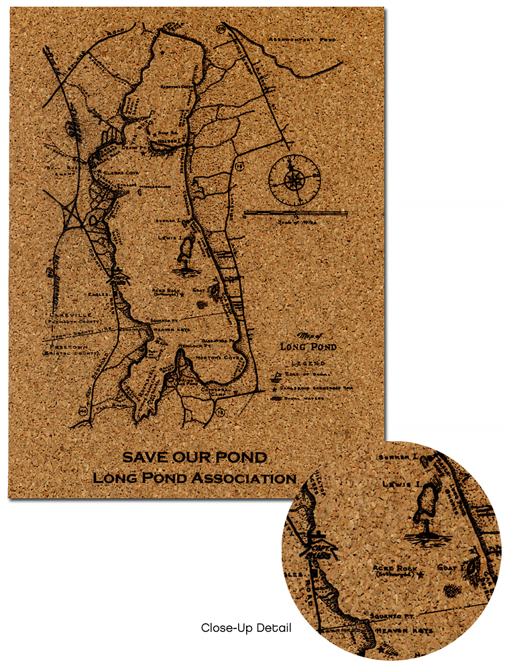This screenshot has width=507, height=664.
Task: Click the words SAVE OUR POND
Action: (194, 458)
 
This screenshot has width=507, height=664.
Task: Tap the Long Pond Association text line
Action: (194, 478)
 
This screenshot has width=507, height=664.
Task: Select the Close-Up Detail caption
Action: (246, 628)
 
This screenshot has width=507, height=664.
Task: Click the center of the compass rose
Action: (294, 180)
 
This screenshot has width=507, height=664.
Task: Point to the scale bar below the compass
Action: (295, 213)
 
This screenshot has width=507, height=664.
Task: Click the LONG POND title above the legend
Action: (308, 347)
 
